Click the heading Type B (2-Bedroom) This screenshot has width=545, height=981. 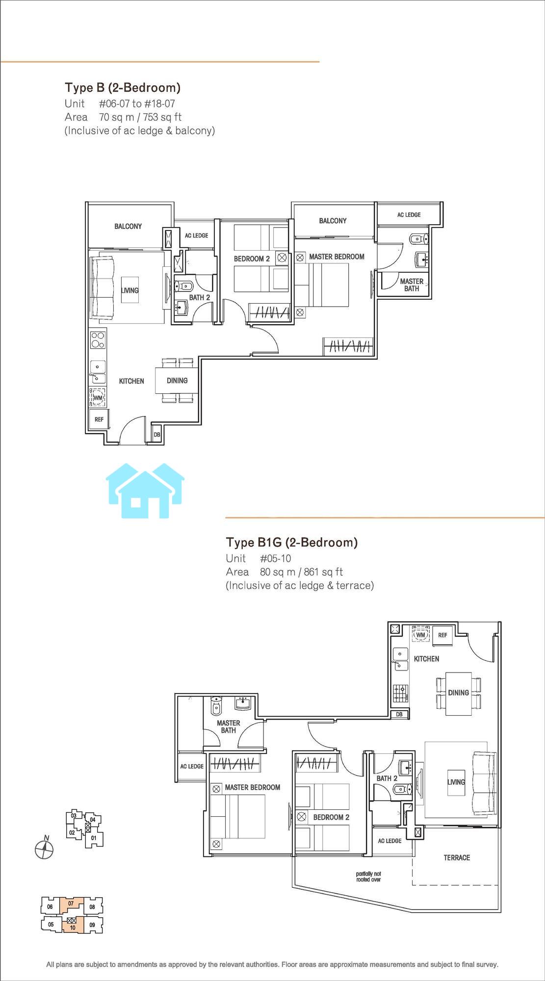point(123,88)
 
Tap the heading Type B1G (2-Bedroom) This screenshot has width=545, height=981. point(291,542)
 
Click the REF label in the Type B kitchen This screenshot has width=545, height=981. point(99,419)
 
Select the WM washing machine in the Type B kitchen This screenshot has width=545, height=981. point(98,398)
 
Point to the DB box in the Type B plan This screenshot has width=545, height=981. point(157,434)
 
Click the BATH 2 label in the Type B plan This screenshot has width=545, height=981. point(200,297)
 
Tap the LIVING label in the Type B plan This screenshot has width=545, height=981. point(130,290)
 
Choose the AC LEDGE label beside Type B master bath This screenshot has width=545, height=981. point(409,214)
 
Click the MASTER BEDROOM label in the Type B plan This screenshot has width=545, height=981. point(337,257)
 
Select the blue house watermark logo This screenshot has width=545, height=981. point(146,490)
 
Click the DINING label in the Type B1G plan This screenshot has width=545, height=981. point(458,693)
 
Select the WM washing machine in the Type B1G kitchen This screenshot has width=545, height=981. point(420,634)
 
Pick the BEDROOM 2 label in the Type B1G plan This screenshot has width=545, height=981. point(331,817)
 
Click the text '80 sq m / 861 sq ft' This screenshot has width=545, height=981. point(301,572)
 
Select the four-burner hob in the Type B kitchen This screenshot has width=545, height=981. point(98,340)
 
